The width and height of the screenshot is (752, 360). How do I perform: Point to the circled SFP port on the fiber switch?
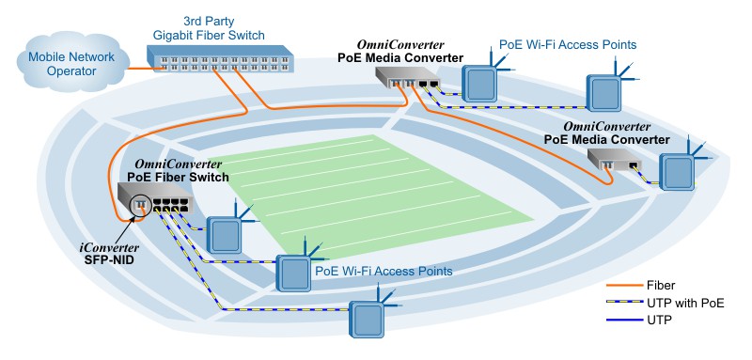coord(141,204)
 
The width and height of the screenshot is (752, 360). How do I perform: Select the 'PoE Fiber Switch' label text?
coord(179,175)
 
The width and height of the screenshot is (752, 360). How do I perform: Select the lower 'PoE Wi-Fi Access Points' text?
coord(384,271)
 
